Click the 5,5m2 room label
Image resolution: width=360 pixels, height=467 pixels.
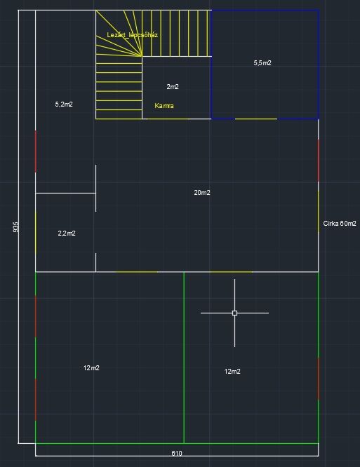(x=262, y=63)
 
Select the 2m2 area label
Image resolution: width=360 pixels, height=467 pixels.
(x=173, y=87)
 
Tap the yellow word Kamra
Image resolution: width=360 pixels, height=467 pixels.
(x=164, y=106)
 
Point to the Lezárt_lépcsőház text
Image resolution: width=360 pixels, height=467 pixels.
(x=133, y=35)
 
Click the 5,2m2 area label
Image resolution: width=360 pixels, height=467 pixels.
(x=64, y=104)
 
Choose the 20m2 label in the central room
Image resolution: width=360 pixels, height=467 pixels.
(x=202, y=193)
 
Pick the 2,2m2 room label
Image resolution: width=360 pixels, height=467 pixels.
(x=67, y=233)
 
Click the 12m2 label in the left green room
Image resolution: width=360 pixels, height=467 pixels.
(x=91, y=368)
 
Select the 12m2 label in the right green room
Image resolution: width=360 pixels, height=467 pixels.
(x=232, y=372)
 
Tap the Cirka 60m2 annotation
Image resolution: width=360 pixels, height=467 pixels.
(x=340, y=224)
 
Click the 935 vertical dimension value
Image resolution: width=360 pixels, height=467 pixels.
(x=16, y=227)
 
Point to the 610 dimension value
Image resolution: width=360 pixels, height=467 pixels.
(x=177, y=453)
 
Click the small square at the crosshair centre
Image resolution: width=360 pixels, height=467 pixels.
(x=234, y=313)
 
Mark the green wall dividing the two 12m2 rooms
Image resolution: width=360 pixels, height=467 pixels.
(x=184, y=358)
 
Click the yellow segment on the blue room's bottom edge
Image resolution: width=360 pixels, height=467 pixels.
(x=256, y=119)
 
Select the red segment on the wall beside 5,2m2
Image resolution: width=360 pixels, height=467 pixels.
(x=36, y=151)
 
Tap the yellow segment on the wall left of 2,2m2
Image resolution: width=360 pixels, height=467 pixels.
(x=36, y=233)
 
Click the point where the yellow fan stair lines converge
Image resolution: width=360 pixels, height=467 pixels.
(x=142, y=56)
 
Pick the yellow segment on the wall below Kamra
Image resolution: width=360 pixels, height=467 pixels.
(x=168, y=119)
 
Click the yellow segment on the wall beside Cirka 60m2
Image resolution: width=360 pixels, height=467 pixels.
(x=319, y=212)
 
